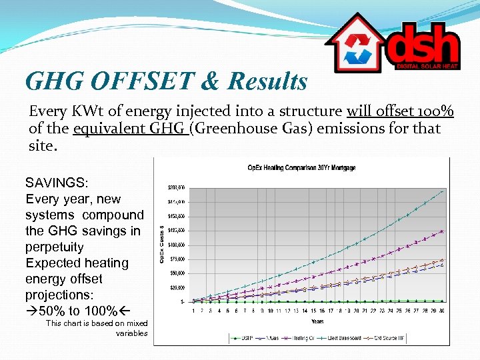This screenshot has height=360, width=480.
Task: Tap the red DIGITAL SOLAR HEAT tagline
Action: (x=427, y=66)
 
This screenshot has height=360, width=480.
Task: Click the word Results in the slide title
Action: (x=267, y=81)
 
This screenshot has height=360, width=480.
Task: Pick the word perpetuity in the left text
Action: (x=55, y=247)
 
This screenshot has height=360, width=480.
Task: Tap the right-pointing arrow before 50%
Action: (x=32, y=311)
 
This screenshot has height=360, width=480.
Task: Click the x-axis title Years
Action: (x=318, y=321)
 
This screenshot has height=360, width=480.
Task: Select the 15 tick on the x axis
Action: (x=313, y=310)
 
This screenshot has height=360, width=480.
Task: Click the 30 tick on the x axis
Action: (x=441, y=310)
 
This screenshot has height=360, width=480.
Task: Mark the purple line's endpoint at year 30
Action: (x=441, y=231)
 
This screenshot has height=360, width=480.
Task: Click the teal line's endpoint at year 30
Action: (x=441, y=191)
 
